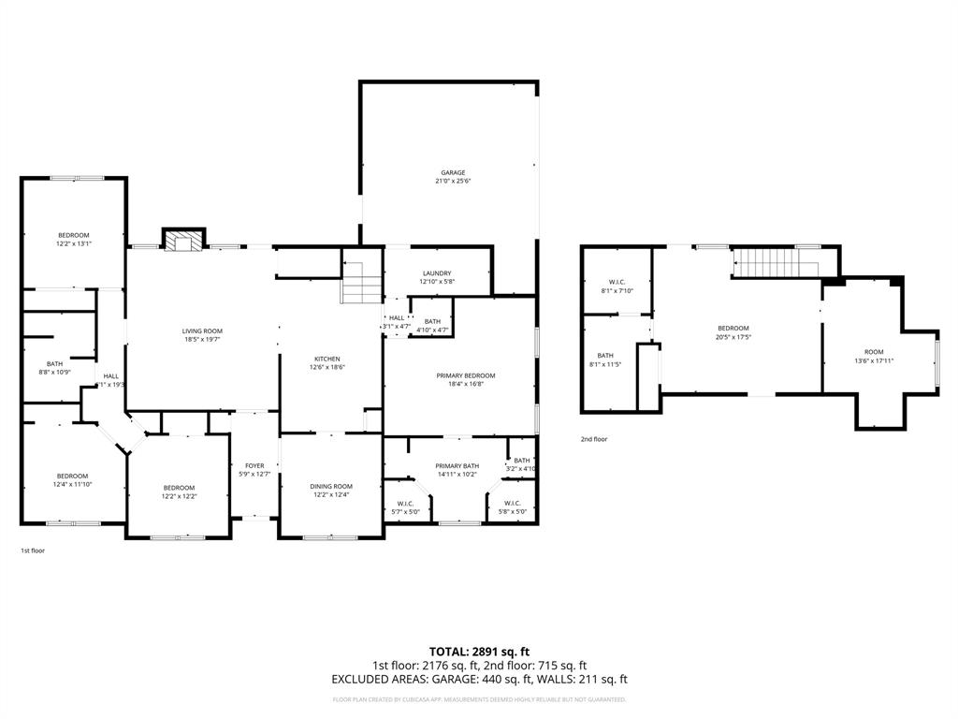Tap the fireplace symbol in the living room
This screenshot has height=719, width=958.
(182, 241)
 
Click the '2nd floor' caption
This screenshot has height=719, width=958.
(593, 438)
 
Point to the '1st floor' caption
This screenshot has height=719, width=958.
(33, 550)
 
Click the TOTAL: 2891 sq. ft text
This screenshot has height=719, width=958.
(479, 652)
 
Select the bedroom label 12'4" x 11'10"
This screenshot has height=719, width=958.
(72, 480)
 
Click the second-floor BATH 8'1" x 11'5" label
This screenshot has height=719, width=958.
(605, 359)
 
